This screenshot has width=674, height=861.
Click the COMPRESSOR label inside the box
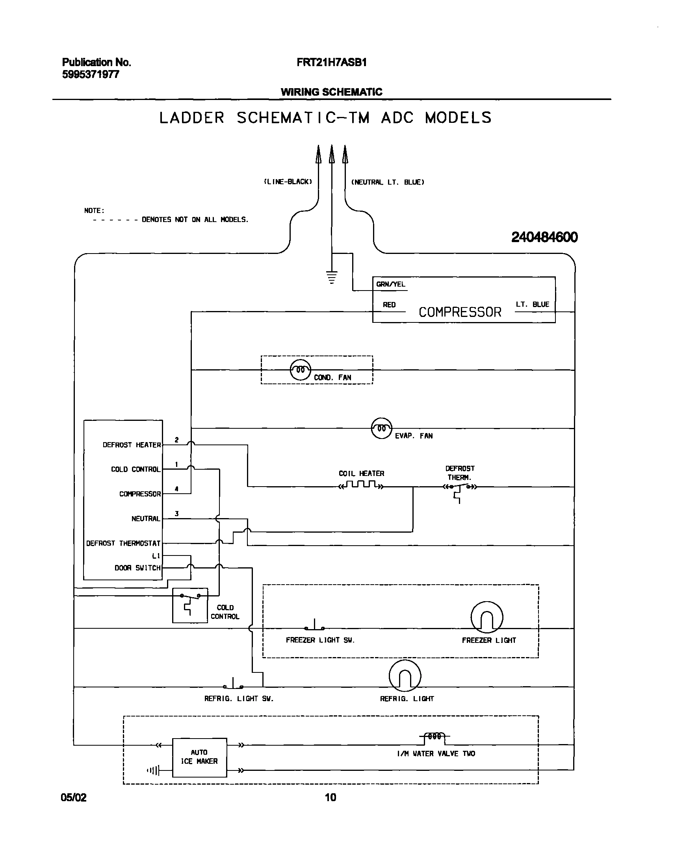pyautogui.click(x=460, y=312)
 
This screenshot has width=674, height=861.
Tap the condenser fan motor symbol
pyautogui.click(x=300, y=370)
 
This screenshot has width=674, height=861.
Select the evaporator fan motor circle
pyautogui.click(x=382, y=428)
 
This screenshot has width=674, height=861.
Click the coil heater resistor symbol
pyautogui.click(x=361, y=485)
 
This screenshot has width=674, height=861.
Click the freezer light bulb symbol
pyautogui.click(x=486, y=617)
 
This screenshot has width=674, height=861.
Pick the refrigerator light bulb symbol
pyautogui.click(x=405, y=676)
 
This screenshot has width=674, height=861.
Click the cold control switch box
pyautogui.click(x=190, y=605)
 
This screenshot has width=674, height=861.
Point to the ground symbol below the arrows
pyautogui.click(x=332, y=277)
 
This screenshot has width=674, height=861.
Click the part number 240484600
pyautogui.click(x=544, y=237)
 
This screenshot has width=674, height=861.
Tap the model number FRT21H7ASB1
pyautogui.click(x=331, y=62)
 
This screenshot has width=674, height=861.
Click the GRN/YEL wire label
pyautogui.click(x=390, y=284)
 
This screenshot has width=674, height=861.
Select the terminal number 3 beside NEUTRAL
pyautogui.click(x=176, y=513)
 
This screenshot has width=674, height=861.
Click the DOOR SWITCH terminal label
pyautogui.click(x=137, y=568)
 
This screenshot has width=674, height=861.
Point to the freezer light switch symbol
pyautogui.click(x=314, y=626)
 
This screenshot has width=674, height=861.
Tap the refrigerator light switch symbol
pyautogui.click(x=233, y=685)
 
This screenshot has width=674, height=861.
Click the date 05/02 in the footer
pyautogui.click(x=73, y=798)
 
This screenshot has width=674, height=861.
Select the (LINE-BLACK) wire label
pyautogui.click(x=288, y=182)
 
